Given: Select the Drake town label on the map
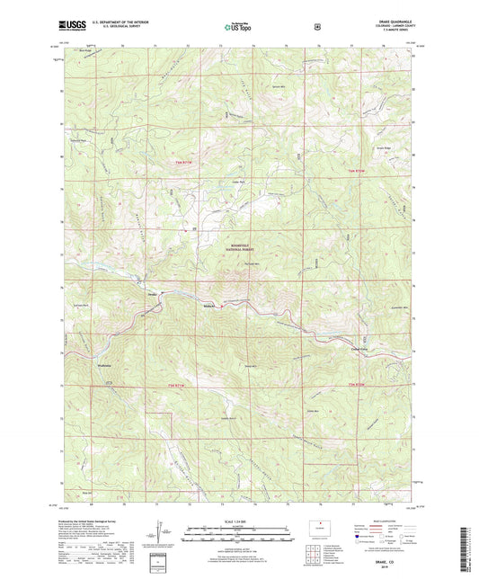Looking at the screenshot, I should pos(152,294).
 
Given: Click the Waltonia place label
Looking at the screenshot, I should pos(107,367).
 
